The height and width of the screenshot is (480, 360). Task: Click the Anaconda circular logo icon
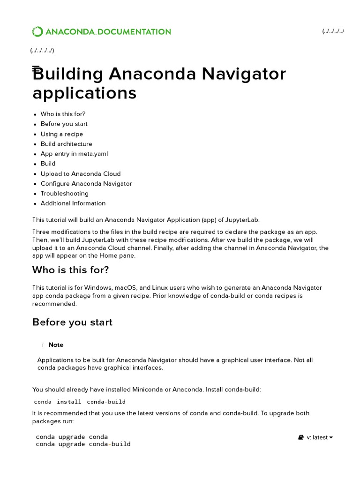point(37,32)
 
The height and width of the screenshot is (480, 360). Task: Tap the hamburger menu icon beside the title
point(36,69)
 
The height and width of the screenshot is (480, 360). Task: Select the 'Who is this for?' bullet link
point(63,114)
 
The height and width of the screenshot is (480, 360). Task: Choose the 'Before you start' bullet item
point(64,124)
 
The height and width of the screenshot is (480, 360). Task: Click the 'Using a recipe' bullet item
point(61,134)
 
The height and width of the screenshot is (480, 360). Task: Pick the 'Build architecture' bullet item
point(66,144)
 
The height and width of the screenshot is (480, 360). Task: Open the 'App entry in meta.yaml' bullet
point(74,154)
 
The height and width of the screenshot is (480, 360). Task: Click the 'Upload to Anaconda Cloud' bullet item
point(80,173)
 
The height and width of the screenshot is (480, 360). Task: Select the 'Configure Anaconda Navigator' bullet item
point(86,184)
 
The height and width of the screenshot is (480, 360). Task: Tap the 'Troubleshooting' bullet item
point(64,194)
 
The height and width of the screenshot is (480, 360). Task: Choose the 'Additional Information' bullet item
point(73,203)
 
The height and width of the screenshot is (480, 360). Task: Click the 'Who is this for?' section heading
point(70,270)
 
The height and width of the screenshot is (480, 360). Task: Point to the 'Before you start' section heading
point(72,322)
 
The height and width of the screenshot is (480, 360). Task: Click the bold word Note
point(56,345)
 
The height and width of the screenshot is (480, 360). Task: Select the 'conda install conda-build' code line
point(80,402)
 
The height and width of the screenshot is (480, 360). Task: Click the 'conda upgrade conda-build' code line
point(83,444)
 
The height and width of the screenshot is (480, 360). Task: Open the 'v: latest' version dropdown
point(316,437)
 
